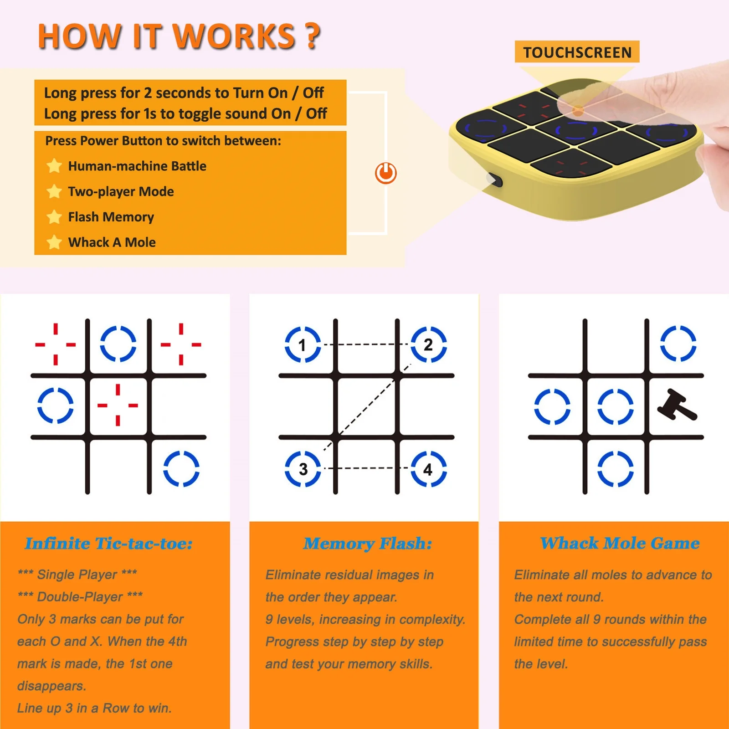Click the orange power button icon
tap(385, 173)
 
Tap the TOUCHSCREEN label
tap(577, 52)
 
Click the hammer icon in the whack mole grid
tap(677, 405)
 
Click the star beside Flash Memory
tap(54, 217)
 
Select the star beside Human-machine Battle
tap(54, 166)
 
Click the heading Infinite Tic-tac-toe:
tap(109, 543)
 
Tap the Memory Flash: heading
tap(368, 544)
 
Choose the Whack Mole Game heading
tap(620, 543)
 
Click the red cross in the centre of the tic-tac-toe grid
tap(118, 405)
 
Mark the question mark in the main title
tap(313, 36)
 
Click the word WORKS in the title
tap(234, 36)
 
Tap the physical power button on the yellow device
tap(495, 180)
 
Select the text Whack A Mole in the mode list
tap(112, 242)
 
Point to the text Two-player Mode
tap(121, 192)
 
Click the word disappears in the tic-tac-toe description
tap(51, 686)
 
